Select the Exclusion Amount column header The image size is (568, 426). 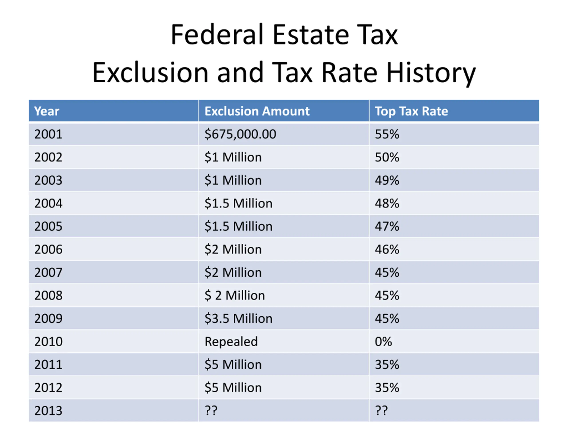click(257, 111)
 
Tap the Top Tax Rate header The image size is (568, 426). click(411, 111)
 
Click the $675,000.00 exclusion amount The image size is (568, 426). click(240, 134)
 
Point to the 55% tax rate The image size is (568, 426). click(387, 134)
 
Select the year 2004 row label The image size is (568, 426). click(48, 203)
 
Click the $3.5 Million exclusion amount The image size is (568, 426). click(238, 318)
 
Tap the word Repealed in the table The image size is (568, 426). click(231, 341)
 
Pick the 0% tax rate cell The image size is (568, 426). click(383, 341)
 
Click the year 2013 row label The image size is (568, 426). click(48, 411)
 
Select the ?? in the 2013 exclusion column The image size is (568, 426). click(211, 411)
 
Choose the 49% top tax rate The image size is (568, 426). click(387, 180)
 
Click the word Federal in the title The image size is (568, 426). click(217, 35)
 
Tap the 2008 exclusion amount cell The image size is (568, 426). click(235, 295)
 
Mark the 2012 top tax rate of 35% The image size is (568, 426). click(387, 387)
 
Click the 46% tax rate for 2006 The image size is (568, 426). click(387, 249)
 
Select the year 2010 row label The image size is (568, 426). click(48, 341)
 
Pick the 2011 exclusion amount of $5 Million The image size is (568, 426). click(233, 365)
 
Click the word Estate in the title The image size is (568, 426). click(311, 35)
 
